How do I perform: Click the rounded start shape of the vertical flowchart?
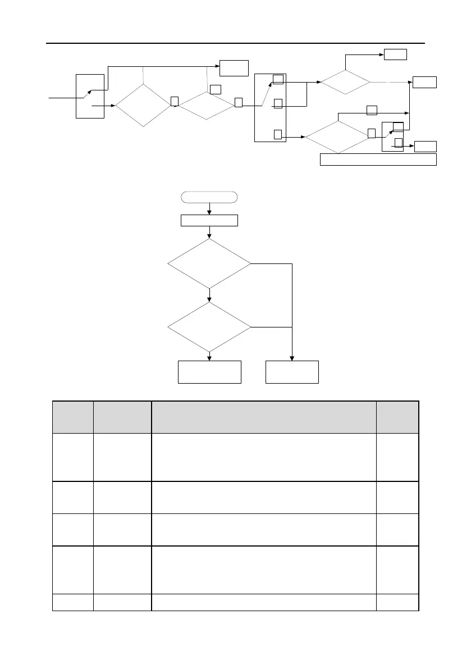pyautogui.click(x=209, y=197)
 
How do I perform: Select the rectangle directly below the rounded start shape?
pyautogui.click(x=209, y=220)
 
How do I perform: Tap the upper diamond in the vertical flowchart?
pyautogui.click(x=209, y=263)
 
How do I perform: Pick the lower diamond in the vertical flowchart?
pyautogui.click(x=209, y=327)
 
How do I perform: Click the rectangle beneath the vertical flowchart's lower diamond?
pyautogui.click(x=209, y=372)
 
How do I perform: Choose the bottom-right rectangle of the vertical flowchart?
pyautogui.click(x=292, y=372)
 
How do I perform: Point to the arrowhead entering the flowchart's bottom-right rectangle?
pyautogui.click(x=292, y=358)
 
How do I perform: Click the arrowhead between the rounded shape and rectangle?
pyautogui.click(x=209, y=212)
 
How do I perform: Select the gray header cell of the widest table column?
pyautogui.click(x=263, y=417)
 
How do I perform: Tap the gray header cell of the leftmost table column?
pyautogui.click(x=72, y=417)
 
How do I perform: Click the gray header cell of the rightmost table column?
pyautogui.click(x=397, y=417)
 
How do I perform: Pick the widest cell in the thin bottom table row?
pyautogui.click(x=263, y=602)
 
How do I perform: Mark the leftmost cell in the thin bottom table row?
pyautogui.click(x=72, y=602)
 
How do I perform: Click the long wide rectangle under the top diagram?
pyautogui.click(x=378, y=160)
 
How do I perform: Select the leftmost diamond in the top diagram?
pyautogui.click(x=143, y=106)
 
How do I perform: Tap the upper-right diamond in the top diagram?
pyautogui.click(x=345, y=83)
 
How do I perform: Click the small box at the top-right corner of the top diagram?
pyautogui.click(x=395, y=54)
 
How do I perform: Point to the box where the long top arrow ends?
pyautogui.click(x=234, y=67)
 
